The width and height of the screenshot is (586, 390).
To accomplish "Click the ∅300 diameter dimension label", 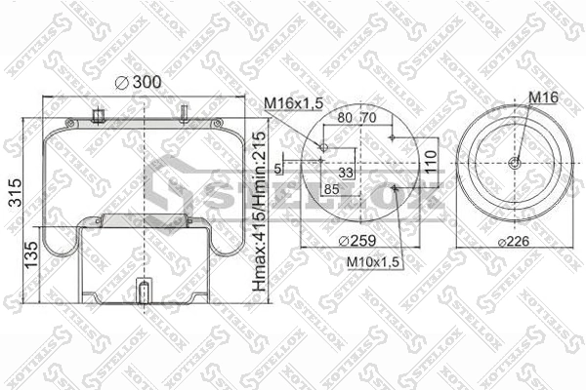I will click(138, 83).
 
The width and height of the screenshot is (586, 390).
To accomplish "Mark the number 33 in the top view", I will click(345, 172).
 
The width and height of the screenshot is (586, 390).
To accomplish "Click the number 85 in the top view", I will click(330, 187).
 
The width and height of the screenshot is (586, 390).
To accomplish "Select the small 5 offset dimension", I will click(277, 168).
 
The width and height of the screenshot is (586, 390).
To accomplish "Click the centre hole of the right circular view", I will click(516, 163).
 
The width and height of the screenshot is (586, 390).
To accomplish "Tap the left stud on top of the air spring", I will click(97, 117).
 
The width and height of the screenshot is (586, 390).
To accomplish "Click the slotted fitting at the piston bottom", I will click(145, 292).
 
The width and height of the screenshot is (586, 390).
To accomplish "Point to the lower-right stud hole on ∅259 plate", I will click(392, 187).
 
